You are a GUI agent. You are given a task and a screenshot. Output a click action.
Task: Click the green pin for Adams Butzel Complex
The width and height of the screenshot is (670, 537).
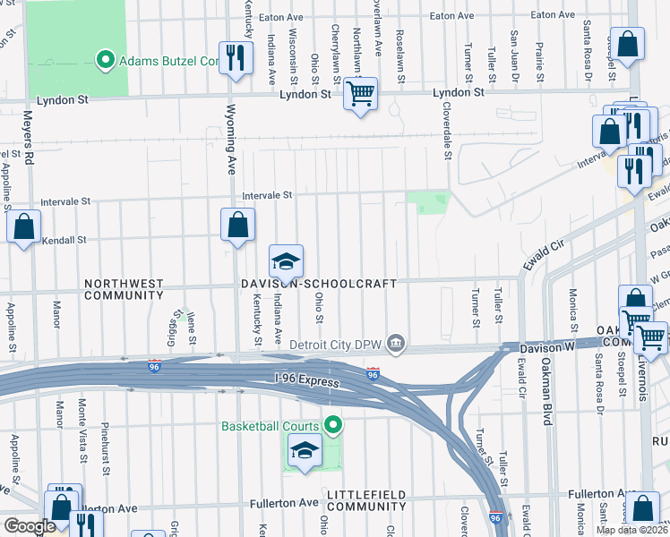(104, 61)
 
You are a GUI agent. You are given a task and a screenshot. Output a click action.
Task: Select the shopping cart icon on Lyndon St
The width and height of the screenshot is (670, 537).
(360, 94)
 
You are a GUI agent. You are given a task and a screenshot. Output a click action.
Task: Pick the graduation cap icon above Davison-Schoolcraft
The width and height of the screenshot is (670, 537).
(286, 262)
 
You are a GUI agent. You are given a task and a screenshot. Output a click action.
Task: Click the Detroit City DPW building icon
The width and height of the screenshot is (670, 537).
(395, 344)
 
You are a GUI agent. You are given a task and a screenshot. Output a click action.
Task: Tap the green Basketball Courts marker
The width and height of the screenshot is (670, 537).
(332, 424)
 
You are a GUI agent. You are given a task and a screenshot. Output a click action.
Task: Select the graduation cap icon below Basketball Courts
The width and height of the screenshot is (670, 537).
(305, 452)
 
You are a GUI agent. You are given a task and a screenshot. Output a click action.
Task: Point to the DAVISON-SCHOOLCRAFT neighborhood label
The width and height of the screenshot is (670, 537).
(317, 284)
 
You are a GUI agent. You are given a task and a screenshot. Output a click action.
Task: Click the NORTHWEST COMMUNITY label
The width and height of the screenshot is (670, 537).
(124, 288)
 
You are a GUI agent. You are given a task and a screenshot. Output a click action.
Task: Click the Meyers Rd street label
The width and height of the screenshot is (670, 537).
(28, 144)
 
